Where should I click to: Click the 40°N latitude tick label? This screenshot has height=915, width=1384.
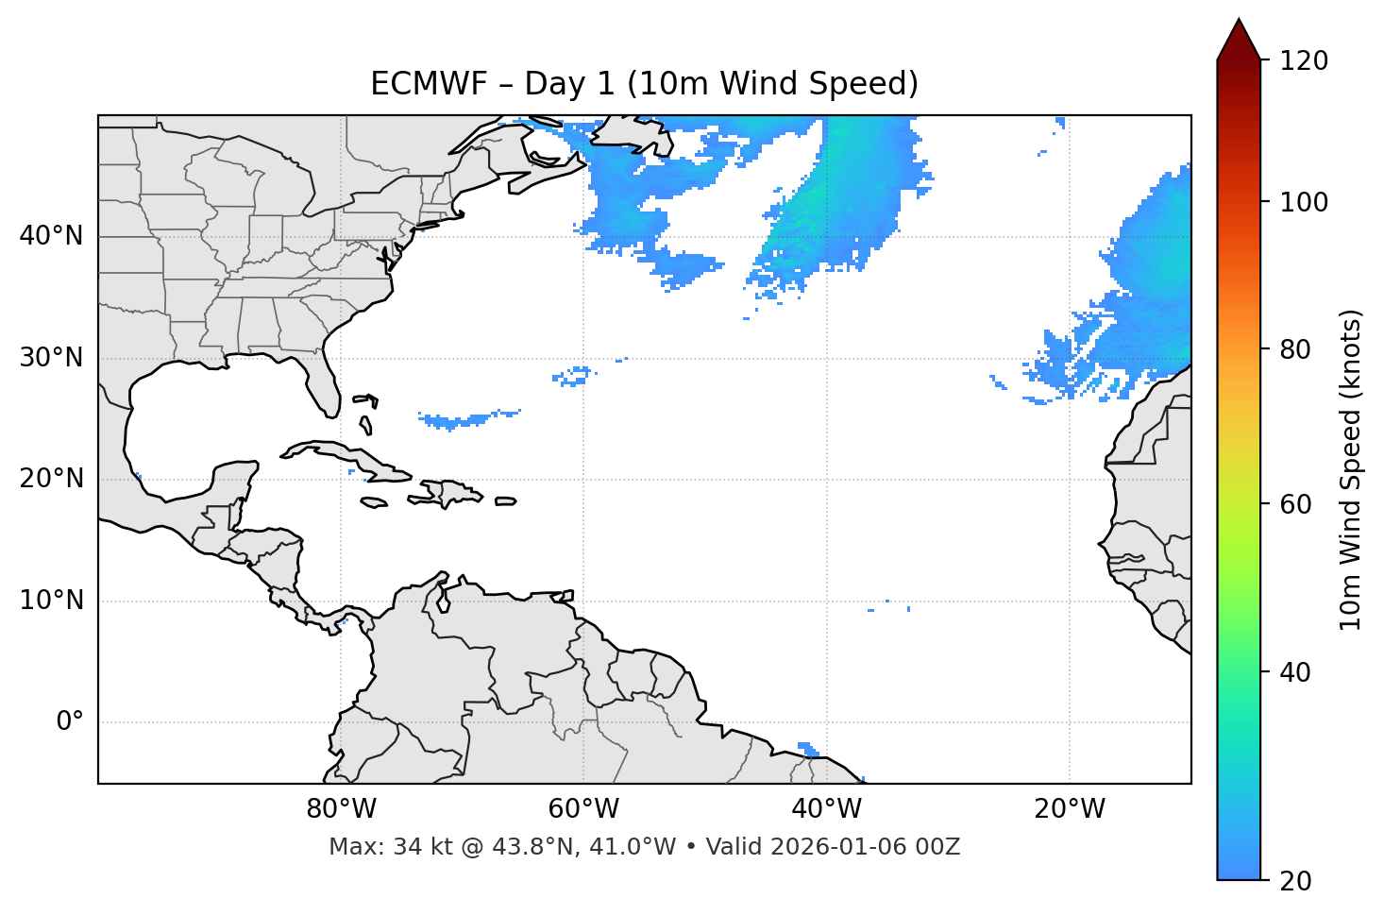click(x=51, y=236)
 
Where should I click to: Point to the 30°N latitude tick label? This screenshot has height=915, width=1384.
click(x=51, y=358)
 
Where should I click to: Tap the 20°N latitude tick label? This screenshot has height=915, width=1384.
click(x=51, y=479)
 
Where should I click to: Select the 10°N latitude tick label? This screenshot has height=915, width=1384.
click(x=51, y=601)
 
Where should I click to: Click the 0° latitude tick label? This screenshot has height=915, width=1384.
click(x=70, y=722)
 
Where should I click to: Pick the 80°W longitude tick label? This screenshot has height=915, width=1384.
click(x=341, y=809)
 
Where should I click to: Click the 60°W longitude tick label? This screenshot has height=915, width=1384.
click(x=583, y=809)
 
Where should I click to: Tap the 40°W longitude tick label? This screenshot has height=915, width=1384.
click(x=827, y=809)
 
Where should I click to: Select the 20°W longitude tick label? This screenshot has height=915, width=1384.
click(x=1070, y=809)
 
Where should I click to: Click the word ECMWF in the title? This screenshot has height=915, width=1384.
click(x=414, y=84)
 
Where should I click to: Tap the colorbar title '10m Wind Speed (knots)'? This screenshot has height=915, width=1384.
click(x=1352, y=470)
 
